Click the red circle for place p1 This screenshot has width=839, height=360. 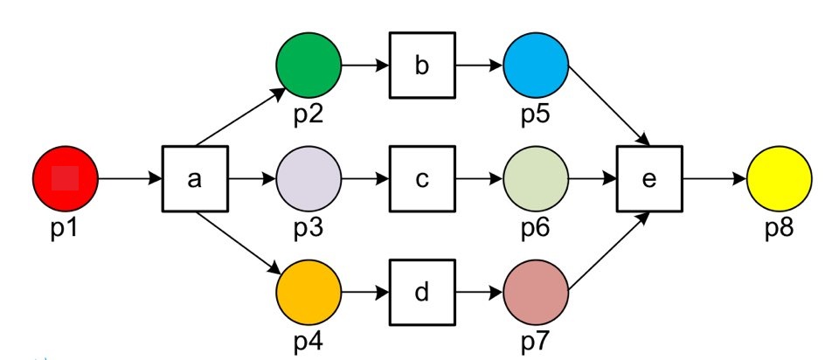(x=66, y=179)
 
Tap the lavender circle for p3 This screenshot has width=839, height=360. (x=309, y=179)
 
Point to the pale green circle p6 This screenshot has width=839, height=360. (x=536, y=179)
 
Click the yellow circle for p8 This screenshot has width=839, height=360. (x=780, y=179)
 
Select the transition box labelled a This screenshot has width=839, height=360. (x=195, y=179)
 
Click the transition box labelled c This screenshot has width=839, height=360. (x=422, y=179)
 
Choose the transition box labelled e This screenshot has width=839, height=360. (x=649, y=179)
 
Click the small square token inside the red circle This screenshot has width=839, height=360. (x=66, y=179)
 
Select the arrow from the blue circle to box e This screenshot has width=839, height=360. (x=608, y=104)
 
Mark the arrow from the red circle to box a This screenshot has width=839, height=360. (x=130, y=179)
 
